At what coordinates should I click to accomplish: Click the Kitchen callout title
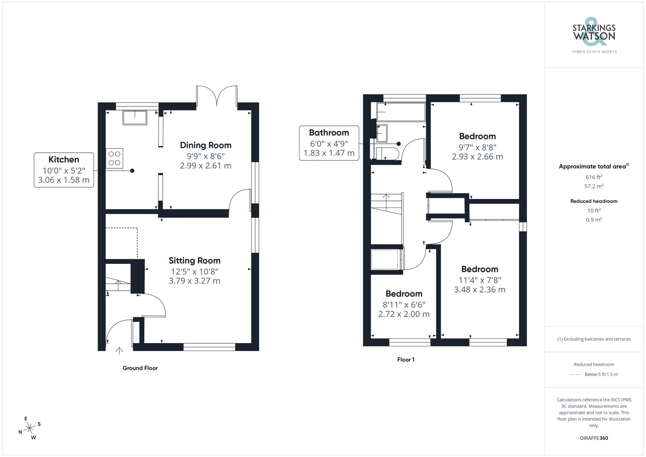pyautogui.click(x=64, y=160)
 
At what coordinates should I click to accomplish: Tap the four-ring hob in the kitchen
pyautogui.click(x=114, y=158)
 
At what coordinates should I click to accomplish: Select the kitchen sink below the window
pyautogui.click(x=135, y=118)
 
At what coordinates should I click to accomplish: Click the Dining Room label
pyautogui.click(x=205, y=145)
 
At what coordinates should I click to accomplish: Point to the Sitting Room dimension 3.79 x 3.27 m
pyautogui.click(x=194, y=281)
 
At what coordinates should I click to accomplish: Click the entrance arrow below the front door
pyautogui.click(x=119, y=351)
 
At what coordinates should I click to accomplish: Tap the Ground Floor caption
pyautogui.click(x=140, y=368)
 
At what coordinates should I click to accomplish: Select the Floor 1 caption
pyautogui.click(x=406, y=360)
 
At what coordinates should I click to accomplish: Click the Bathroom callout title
pyautogui.click(x=329, y=133)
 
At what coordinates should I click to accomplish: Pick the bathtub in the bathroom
pyautogui.click(x=401, y=112)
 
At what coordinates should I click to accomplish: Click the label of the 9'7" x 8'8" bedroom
pyautogui.click(x=477, y=136)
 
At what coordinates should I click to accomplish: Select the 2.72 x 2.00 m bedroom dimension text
pyautogui.click(x=404, y=314)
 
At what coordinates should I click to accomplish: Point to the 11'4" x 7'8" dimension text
pyautogui.click(x=480, y=280)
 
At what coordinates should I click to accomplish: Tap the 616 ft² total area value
pyautogui.click(x=594, y=177)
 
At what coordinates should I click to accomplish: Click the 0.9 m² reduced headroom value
pyautogui.click(x=594, y=220)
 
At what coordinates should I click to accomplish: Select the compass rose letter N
pyautogui.click(x=20, y=432)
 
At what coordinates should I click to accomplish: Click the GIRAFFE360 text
pyautogui.click(x=594, y=438)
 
